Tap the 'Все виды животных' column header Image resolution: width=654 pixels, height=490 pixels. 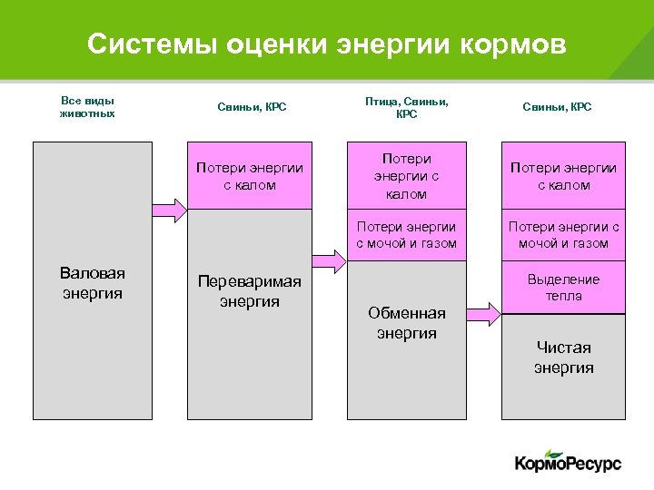[87, 107]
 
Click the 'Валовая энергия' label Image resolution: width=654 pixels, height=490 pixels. [92, 283]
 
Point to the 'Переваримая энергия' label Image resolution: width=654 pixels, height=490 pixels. [250, 291]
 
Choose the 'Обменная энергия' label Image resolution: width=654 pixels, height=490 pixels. [406, 322]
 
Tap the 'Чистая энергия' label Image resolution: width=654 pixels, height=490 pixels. [563, 357]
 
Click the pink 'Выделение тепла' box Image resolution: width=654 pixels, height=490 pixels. [563, 288]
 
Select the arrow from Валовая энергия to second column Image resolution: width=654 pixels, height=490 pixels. [169, 211]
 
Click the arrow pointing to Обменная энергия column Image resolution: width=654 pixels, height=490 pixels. [328, 262]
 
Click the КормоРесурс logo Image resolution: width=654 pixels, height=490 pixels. [568, 463]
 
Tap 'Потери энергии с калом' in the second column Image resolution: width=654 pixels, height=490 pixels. [250, 176]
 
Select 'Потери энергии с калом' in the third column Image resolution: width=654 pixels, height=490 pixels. [406, 176]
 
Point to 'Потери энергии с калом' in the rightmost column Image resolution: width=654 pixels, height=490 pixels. [563, 176]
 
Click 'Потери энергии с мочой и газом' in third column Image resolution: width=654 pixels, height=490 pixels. [406, 235]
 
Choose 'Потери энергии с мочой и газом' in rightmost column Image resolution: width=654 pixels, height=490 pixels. [563, 235]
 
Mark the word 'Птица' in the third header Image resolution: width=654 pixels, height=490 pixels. [381, 102]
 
